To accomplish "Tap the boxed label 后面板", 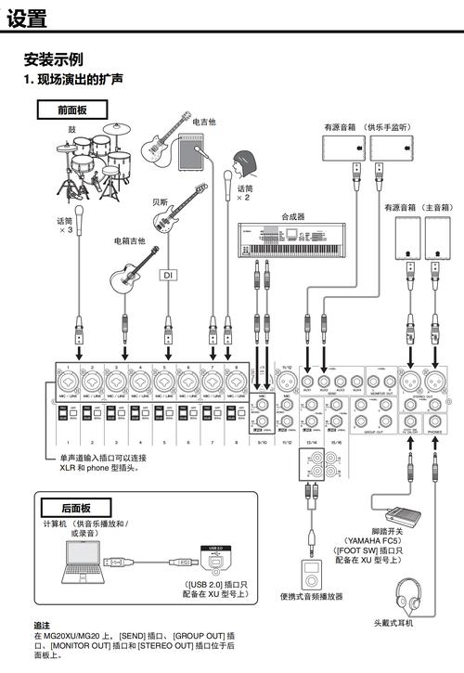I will point(75,509).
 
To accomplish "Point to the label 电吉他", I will point(204,122).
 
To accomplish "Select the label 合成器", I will point(293,216).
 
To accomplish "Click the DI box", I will point(168,275).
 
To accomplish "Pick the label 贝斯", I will point(161,201).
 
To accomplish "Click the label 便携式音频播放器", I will point(313,597).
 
